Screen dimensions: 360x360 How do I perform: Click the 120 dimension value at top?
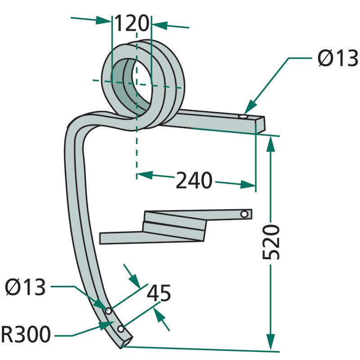(131, 23)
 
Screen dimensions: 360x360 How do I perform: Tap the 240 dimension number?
(193, 180)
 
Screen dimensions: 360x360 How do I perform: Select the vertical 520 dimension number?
(271, 241)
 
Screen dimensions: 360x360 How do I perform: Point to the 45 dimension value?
(159, 293)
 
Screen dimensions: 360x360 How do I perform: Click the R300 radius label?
(26, 335)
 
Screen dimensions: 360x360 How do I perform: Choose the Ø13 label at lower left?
(26, 287)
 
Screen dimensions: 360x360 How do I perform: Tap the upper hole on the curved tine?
(108, 311)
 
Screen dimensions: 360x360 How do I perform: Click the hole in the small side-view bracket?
(244, 214)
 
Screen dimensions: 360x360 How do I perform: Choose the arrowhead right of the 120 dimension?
(158, 24)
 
